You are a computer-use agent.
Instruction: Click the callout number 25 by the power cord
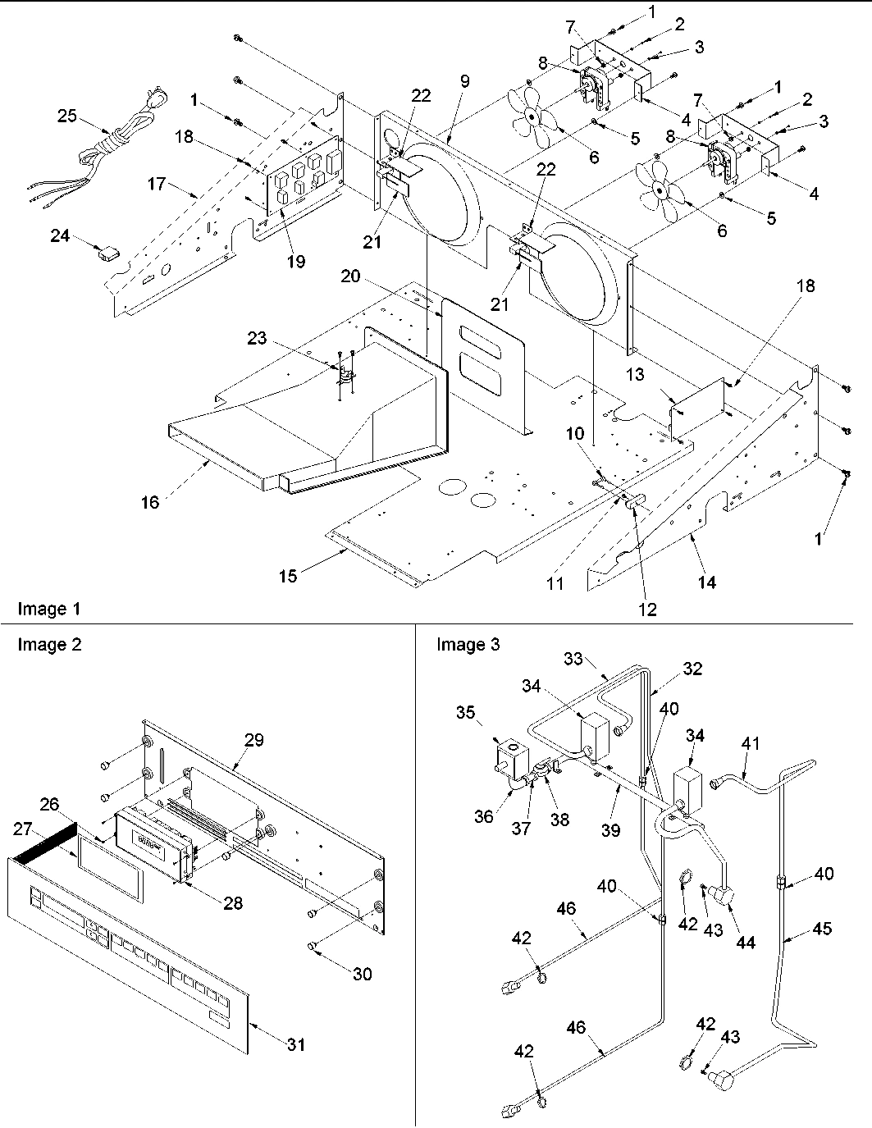67,116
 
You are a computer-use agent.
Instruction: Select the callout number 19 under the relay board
296,261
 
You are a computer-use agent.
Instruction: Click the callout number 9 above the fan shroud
464,81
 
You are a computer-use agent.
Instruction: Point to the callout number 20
351,277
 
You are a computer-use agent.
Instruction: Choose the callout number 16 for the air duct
150,502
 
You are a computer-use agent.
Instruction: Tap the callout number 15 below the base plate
287,576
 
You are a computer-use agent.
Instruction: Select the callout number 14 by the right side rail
706,582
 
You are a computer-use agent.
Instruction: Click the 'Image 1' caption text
49,609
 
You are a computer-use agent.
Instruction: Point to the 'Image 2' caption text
49,645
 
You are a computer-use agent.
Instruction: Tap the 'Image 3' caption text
468,645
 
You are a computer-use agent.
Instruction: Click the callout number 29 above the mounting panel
253,739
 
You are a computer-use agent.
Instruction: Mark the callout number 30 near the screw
362,974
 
